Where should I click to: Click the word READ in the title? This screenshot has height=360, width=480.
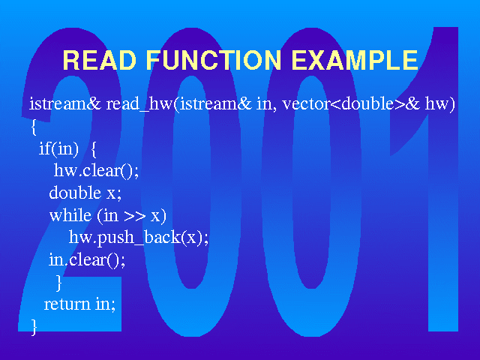coord(99,60)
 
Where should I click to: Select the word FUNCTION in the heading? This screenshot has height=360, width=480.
coord(214,60)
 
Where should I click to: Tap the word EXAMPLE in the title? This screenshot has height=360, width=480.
coord(355,60)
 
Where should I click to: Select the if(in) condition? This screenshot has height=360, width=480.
coord(58,148)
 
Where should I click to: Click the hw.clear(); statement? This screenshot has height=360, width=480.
coord(96,170)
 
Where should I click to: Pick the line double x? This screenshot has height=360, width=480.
coord(85,193)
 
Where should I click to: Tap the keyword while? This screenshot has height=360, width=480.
coord(70,215)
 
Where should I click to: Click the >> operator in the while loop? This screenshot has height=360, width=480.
coord(135,216)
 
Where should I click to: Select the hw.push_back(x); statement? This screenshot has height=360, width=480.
coord(139,238)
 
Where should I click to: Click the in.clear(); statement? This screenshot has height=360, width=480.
coord(87,260)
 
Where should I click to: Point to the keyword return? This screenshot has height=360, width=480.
coord(67,304)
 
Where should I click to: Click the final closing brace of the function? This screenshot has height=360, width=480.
coord(34,327)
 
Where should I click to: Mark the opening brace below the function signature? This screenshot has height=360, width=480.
coord(34,127)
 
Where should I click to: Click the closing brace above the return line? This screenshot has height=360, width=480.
coord(58,283)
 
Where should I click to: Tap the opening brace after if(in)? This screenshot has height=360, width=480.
coord(94,149)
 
